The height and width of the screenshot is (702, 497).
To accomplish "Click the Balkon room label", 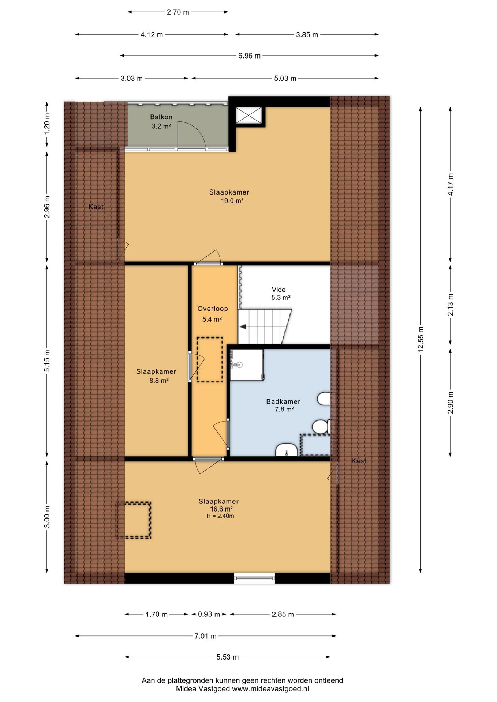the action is pyautogui.click(x=161, y=117).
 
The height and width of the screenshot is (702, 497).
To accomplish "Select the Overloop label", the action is pyautogui.click(x=213, y=309).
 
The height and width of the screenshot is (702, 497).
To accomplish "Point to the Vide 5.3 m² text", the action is pyautogui.click(x=280, y=294).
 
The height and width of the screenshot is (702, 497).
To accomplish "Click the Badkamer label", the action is pyautogui.click(x=283, y=401).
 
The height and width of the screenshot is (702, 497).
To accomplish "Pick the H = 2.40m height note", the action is pyautogui.click(x=220, y=516).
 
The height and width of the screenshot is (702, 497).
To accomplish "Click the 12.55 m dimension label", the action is pyautogui.click(x=421, y=339).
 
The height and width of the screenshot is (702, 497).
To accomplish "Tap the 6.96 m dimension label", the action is pyautogui.click(x=249, y=56).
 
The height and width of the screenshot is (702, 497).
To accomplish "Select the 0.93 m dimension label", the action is pyautogui.click(x=209, y=614).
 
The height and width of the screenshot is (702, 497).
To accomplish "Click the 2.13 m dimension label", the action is pyautogui.click(x=451, y=305).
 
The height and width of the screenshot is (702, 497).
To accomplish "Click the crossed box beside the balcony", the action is pyautogui.click(x=248, y=115).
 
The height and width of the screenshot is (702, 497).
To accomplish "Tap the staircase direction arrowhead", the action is pyautogui.click(x=242, y=327).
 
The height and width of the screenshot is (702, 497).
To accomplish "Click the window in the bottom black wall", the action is pyautogui.click(x=254, y=578).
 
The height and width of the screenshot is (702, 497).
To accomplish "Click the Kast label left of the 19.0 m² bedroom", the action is pyautogui.click(x=96, y=207).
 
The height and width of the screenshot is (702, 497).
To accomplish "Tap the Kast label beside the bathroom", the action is pyautogui.click(x=359, y=461).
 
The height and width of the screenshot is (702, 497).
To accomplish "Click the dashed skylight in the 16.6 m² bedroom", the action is pyautogui.click(x=134, y=520).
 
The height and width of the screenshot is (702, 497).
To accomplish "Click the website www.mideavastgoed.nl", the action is pyautogui.click(x=270, y=689).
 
